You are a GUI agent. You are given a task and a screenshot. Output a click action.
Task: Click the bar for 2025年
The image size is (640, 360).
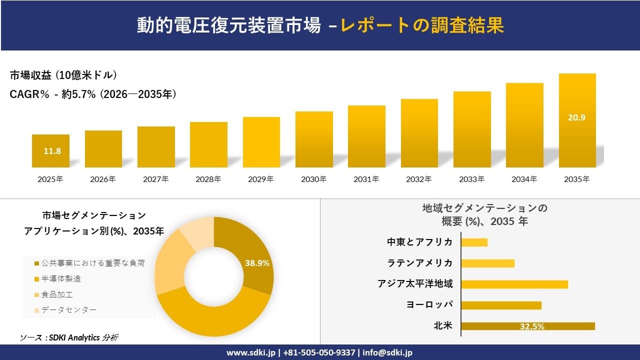[x=50, y=151]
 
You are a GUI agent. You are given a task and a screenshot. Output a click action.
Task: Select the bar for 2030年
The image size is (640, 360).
[x=314, y=139]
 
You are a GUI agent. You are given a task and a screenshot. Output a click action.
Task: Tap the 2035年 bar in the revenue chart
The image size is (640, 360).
[x=577, y=120]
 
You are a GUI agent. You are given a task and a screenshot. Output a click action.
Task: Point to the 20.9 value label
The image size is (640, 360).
[x=576, y=118]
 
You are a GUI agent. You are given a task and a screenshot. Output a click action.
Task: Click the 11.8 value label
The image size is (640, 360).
[x=52, y=151]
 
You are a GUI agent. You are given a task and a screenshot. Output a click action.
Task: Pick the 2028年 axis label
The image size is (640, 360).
[x=208, y=179]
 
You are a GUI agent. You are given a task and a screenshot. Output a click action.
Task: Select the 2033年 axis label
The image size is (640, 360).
[x=471, y=179]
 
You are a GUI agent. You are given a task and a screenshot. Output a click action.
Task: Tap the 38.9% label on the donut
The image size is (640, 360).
[x=257, y=263]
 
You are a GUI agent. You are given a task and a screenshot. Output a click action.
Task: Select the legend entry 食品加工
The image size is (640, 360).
[x=57, y=294]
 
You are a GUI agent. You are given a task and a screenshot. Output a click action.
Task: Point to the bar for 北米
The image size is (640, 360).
[x=527, y=326]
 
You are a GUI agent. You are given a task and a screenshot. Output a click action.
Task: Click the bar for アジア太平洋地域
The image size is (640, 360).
[x=514, y=284]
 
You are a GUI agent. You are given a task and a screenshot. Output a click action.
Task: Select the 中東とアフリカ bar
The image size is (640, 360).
[x=474, y=242]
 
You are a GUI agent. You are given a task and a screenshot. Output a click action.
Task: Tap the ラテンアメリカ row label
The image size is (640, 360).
[x=420, y=263]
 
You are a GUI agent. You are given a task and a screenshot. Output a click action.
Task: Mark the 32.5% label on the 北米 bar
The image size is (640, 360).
[x=532, y=326]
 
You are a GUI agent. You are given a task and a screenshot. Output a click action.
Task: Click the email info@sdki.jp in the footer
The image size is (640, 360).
[x=387, y=352]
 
